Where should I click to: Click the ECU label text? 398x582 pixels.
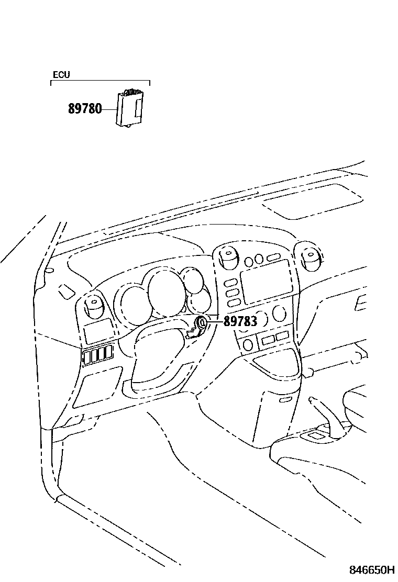[61, 75]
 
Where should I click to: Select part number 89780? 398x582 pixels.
[85, 109]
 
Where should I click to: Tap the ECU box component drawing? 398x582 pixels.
[129, 109]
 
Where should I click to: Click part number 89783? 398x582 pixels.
[240, 321]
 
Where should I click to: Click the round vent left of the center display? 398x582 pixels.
[228, 258]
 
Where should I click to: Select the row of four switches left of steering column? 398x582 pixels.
[98, 355]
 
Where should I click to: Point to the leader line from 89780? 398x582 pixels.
[109, 109]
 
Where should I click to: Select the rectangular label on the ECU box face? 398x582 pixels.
[138, 108]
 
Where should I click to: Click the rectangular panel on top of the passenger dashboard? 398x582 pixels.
[312, 200]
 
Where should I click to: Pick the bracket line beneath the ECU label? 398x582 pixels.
[100, 81]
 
